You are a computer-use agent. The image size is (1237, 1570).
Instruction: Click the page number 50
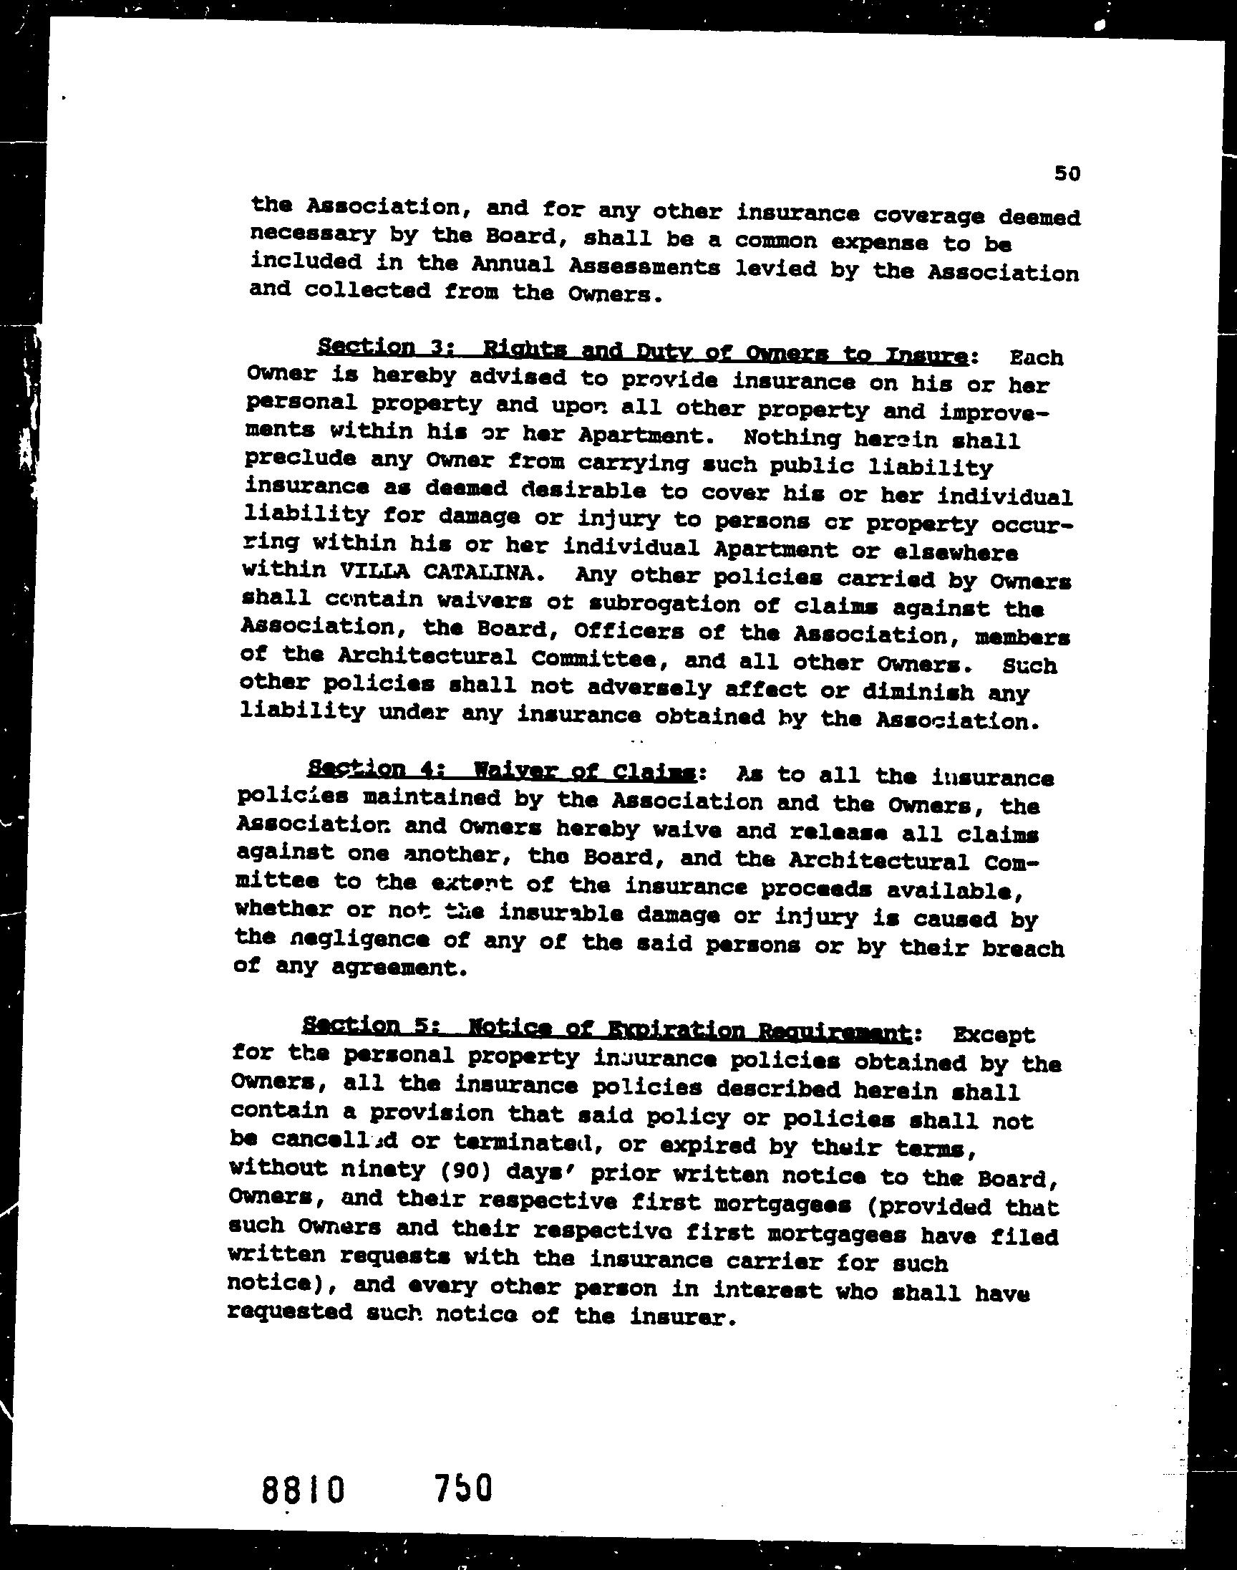[x=1067, y=193]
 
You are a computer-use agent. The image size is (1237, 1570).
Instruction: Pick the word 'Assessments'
[x=644, y=267]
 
